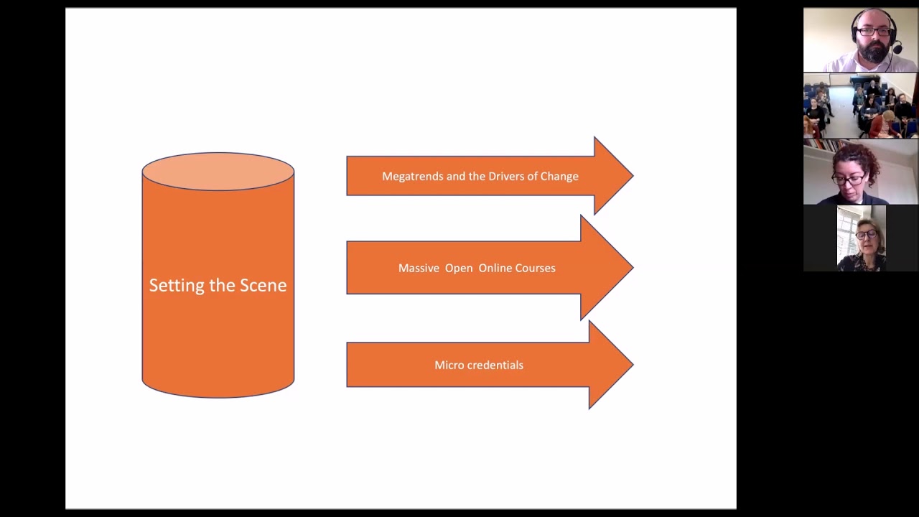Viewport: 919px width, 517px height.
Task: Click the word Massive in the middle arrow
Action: point(419,268)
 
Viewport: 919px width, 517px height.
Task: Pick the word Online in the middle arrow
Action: point(495,268)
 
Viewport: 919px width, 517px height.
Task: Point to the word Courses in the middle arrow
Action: point(536,268)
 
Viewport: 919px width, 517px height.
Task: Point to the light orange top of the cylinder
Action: point(218,171)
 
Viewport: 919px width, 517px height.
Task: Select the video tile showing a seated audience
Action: point(860,106)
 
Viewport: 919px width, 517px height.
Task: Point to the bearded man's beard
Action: point(875,52)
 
